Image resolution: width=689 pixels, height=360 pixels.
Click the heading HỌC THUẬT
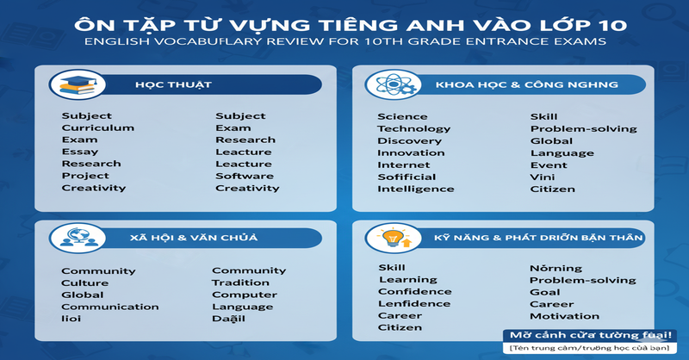point(161,85)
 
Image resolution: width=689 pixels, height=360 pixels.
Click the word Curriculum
point(97,127)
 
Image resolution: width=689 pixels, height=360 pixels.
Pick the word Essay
point(79,152)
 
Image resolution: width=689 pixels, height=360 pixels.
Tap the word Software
point(245,176)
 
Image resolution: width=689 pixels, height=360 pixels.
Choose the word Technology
point(413,128)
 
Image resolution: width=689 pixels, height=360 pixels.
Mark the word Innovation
point(411,152)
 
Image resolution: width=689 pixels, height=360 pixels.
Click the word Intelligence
point(415,189)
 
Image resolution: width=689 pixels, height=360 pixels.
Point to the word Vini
point(542,177)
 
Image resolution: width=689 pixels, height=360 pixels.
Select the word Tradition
point(241,282)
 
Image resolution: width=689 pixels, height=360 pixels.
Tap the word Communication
point(109,307)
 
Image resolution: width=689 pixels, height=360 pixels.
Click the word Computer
point(243,295)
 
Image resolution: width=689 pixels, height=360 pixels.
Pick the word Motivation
point(564,316)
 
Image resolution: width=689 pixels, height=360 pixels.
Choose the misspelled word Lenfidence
point(413,303)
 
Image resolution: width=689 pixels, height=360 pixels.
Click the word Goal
point(544,292)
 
